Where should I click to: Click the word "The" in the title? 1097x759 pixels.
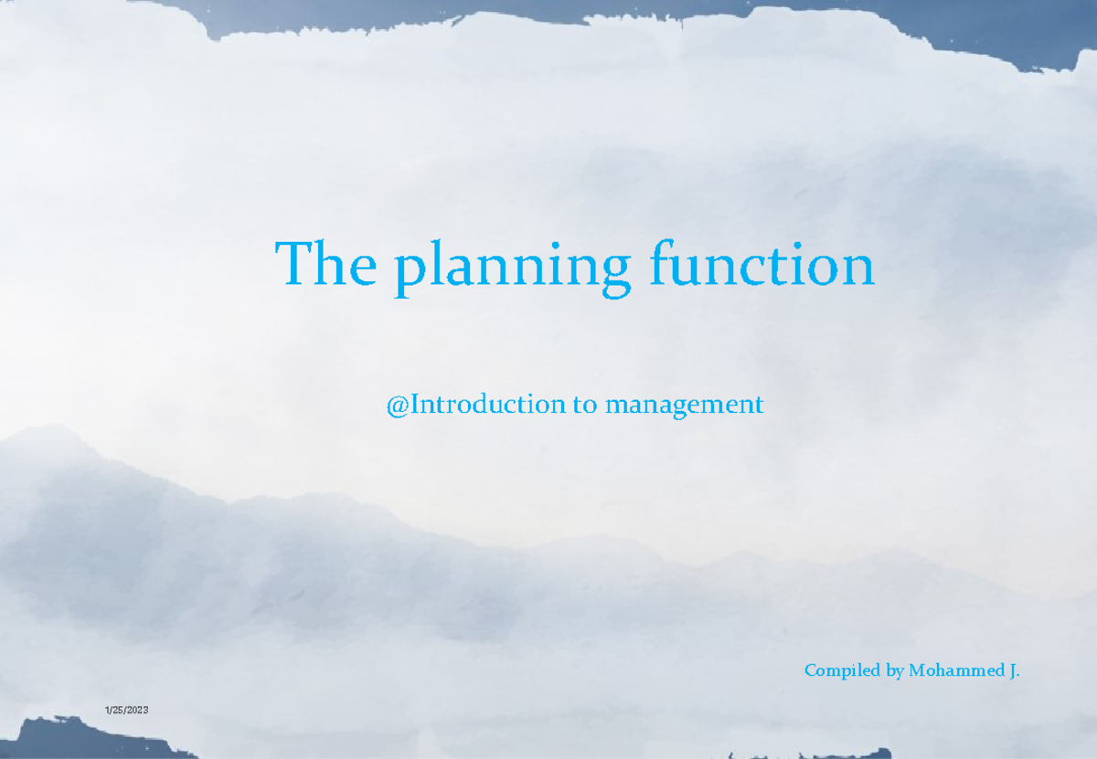[x=326, y=266]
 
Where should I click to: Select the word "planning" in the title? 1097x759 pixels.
[x=513, y=269]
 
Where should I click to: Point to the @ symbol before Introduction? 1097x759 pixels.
[x=397, y=405]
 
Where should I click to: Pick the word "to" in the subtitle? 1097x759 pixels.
[x=583, y=404]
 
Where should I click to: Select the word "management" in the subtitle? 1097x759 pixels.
[x=683, y=406]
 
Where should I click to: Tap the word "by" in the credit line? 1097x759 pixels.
[x=895, y=672]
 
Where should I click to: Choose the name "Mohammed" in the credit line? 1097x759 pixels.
[x=956, y=671]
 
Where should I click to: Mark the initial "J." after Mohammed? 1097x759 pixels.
[x=1014, y=671]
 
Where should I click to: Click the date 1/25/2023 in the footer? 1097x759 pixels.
[x=126, y=711]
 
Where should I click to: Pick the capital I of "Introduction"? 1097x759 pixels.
[x=413, y=404]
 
